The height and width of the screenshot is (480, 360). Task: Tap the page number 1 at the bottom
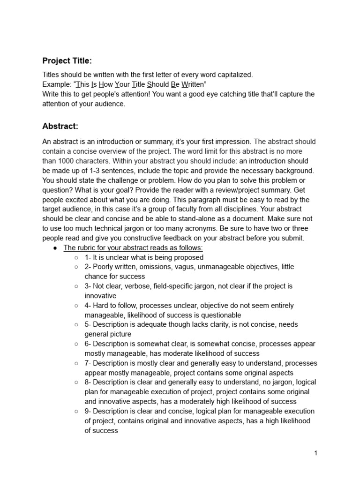316,453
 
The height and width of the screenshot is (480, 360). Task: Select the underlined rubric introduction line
133,247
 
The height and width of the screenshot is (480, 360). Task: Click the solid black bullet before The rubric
55,248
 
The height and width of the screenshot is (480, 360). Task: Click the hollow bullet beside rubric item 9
76,411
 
